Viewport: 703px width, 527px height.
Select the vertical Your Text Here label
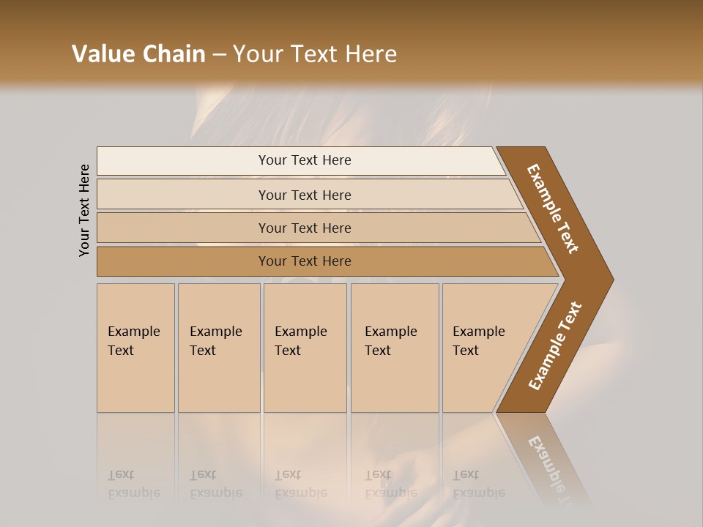point(84,210)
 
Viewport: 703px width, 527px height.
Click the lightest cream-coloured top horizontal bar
point(183,161)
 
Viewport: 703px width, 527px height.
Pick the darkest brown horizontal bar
point(183,261)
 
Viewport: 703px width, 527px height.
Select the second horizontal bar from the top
point(183,195)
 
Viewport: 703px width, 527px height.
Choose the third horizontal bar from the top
point(183,228)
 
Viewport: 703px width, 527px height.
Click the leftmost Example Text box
point(135,348)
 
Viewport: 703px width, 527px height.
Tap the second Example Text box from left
point(219,348)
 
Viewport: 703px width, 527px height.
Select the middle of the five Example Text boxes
point(305,348)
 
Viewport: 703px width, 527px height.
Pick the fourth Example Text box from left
point(395,348)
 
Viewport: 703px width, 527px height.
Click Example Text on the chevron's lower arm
point(555,346)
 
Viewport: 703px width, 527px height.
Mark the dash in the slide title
point(219,55)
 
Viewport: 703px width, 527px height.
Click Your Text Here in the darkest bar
point(305,261)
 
